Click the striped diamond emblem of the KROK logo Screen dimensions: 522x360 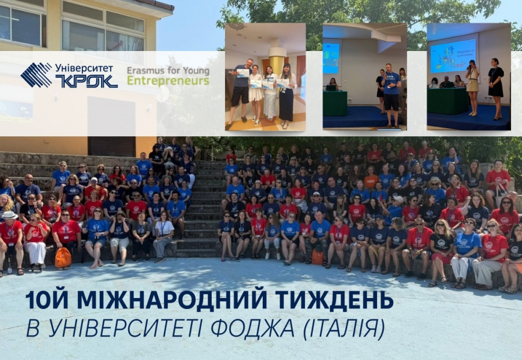pyautogui.click(x=36, y=75)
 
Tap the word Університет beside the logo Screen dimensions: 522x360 pyautogui.click(x=84, y=68)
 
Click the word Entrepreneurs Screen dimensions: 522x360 pyautogui.click(x=168, y=81)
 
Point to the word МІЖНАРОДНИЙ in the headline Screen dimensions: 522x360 pyautogui.click(x=172, y=300)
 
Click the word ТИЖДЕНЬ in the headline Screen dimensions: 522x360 pyautogui.click(x=334, y=300)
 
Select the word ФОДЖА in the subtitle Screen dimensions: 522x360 pyautogui.click(x=253, y=328)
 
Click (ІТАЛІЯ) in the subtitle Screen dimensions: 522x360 pyautogui.click(x=344, y=329)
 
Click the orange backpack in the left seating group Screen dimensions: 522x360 pyautogui.click(x=63, y=257)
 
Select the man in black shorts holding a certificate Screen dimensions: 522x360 pyautogui.click(x=240, y=93)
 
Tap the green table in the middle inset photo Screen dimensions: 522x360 pyautogui.click(x=335, y=103)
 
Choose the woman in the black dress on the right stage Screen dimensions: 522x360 pyautogui.click(x=496, y=89)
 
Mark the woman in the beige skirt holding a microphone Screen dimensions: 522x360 pyautogui.click(x=473, y=88)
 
